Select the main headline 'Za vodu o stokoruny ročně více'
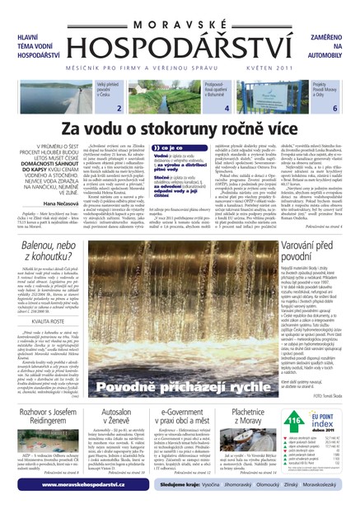(180, 129)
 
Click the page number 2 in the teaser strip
(120, 109)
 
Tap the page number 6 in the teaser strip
(334, 109)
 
